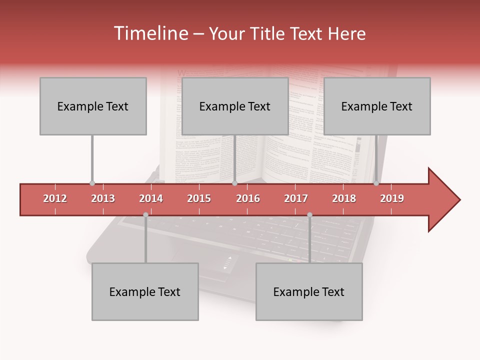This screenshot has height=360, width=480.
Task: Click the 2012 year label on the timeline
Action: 55,198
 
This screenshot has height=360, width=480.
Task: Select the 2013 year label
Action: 103,198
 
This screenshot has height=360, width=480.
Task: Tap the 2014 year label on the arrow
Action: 151,198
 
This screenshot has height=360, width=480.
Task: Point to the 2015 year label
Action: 199,198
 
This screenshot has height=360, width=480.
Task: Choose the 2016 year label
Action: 248,198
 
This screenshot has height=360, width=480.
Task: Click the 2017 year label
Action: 296,198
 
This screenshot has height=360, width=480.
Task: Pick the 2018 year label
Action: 344,198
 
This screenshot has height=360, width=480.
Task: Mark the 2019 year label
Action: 392,198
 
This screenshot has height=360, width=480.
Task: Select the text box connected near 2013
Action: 93,106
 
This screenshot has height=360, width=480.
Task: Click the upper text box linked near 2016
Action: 235,106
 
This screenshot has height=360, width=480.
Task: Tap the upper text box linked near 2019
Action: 377,106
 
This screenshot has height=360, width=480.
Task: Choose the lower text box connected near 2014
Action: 145,292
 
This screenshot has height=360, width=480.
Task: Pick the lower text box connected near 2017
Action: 309,292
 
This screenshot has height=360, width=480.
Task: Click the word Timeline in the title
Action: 150,33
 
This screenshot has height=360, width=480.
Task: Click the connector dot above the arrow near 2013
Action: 92,183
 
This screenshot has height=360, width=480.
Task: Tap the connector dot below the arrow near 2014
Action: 145,215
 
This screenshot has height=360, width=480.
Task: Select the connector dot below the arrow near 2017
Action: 309,215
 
